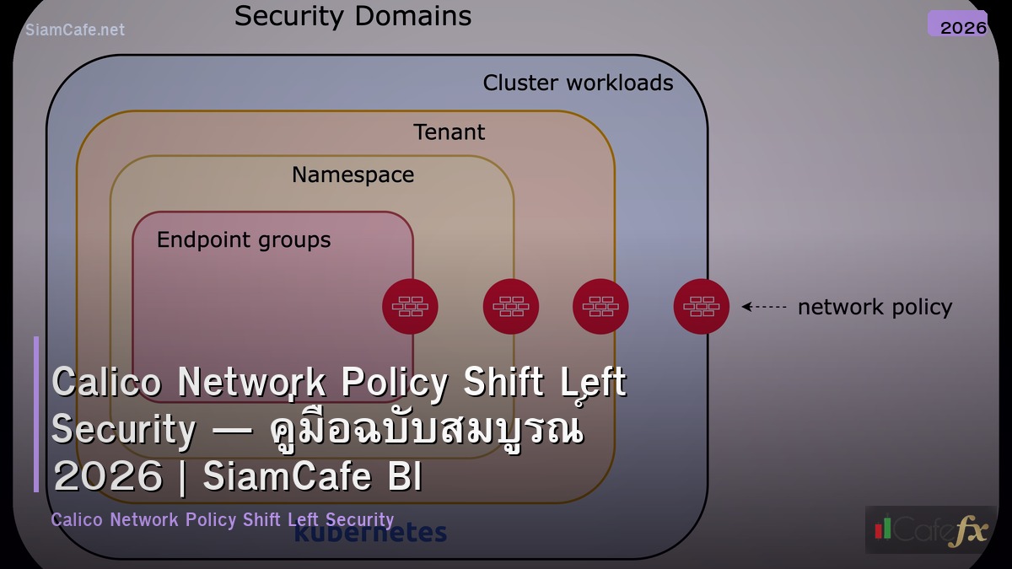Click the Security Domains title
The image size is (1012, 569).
coord(353,17)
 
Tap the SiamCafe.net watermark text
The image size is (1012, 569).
coord(75,30)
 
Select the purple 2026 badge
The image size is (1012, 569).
coord(958,24)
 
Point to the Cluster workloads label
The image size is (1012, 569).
coord(578,83)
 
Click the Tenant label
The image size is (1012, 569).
coord(449,132)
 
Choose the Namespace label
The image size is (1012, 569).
coord(353,174)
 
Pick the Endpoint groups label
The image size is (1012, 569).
coord(244,240)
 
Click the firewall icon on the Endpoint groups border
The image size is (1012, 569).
coord(410,307)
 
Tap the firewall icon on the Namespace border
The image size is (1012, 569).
coord(511,307)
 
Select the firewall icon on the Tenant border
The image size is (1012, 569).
coord(600,307)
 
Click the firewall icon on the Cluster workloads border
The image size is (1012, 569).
coord(701,307)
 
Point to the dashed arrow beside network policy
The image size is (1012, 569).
coord(764,307)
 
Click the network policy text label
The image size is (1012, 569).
coord(875,308)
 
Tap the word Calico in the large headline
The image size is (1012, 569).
coord(106,383)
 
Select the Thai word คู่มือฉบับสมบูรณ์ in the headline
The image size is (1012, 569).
coord(426,430)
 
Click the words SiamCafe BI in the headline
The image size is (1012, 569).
coord(312,477)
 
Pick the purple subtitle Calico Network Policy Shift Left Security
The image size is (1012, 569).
coord(223,519)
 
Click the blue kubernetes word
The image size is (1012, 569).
coord(370,534)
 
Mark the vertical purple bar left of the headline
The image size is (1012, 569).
coord(36,414)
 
